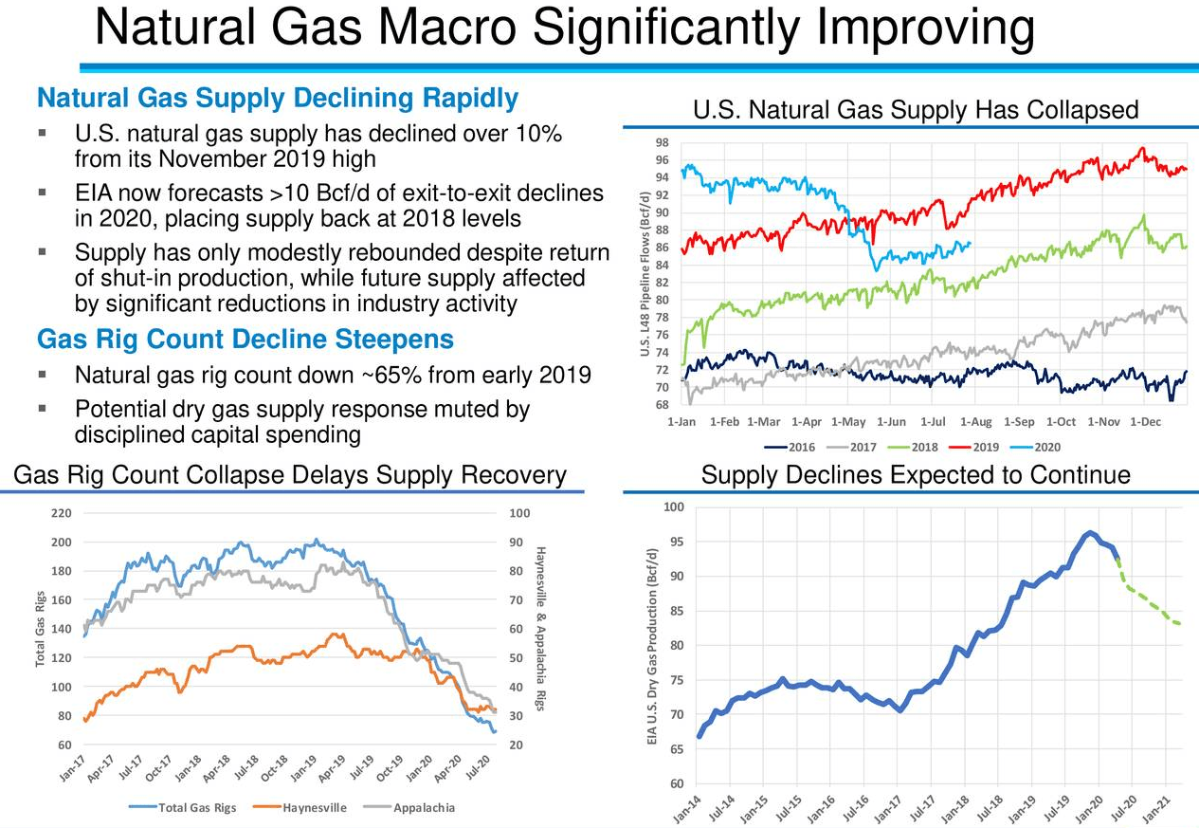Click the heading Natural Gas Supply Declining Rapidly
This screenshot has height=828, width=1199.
coord(277,99)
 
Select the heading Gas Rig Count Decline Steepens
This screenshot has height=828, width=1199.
coord(245,340)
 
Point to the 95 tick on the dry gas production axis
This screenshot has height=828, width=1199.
coord(675,543)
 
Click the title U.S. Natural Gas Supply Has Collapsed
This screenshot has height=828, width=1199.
coord(915,110)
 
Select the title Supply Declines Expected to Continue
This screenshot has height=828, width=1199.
coord(916,474)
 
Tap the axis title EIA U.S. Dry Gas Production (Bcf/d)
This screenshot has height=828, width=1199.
coord(652,646)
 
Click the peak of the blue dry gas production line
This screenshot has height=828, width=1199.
coord(1090,533)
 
